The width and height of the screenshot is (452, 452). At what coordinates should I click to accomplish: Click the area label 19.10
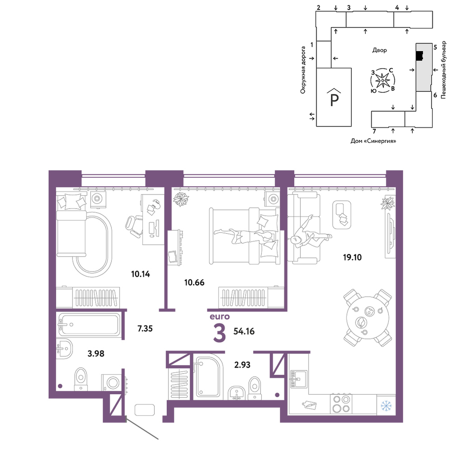(352, 257)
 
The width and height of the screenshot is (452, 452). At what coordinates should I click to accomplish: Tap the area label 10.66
(194, 282)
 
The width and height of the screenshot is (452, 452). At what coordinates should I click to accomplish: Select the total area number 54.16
(244, 331)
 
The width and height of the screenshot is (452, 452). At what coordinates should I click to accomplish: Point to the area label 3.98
(96, 353)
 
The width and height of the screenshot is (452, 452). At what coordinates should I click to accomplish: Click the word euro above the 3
(220, 316)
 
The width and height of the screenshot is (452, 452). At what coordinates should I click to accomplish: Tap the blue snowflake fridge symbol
(386, 405)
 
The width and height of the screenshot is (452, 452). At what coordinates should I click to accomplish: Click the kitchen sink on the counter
(298, 378)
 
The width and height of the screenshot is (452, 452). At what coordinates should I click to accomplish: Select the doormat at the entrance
(145, 410)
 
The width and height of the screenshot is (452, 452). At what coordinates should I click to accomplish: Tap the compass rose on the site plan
(382, 80)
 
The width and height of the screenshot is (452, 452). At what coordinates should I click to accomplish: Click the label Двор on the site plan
(379, 50)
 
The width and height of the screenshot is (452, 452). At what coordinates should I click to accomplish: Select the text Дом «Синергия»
(373, 141)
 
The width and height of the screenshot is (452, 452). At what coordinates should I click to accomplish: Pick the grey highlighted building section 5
(423, 67)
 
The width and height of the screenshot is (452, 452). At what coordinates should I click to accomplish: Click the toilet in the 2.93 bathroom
(254, 388)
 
